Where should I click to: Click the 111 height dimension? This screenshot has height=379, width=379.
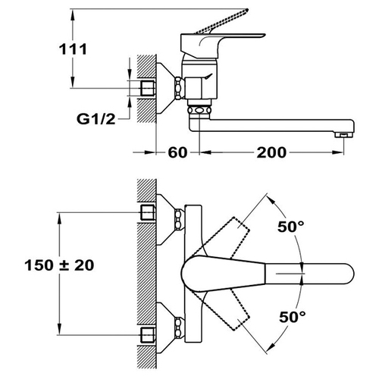point(73,49)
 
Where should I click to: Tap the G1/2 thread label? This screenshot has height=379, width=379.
point(96,119)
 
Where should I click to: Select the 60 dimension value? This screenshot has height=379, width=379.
point(177,152)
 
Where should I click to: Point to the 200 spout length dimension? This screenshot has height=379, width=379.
point(271,152)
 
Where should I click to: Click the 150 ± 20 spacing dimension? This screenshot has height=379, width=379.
point(59,265)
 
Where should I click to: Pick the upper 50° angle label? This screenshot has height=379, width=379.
point(291,227)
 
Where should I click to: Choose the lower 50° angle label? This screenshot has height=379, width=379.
point(292,317)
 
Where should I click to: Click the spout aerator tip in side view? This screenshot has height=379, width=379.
point(343,135)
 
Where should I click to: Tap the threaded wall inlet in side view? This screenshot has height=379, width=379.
point(148,88)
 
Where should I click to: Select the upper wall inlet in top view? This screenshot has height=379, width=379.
point(148,212)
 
